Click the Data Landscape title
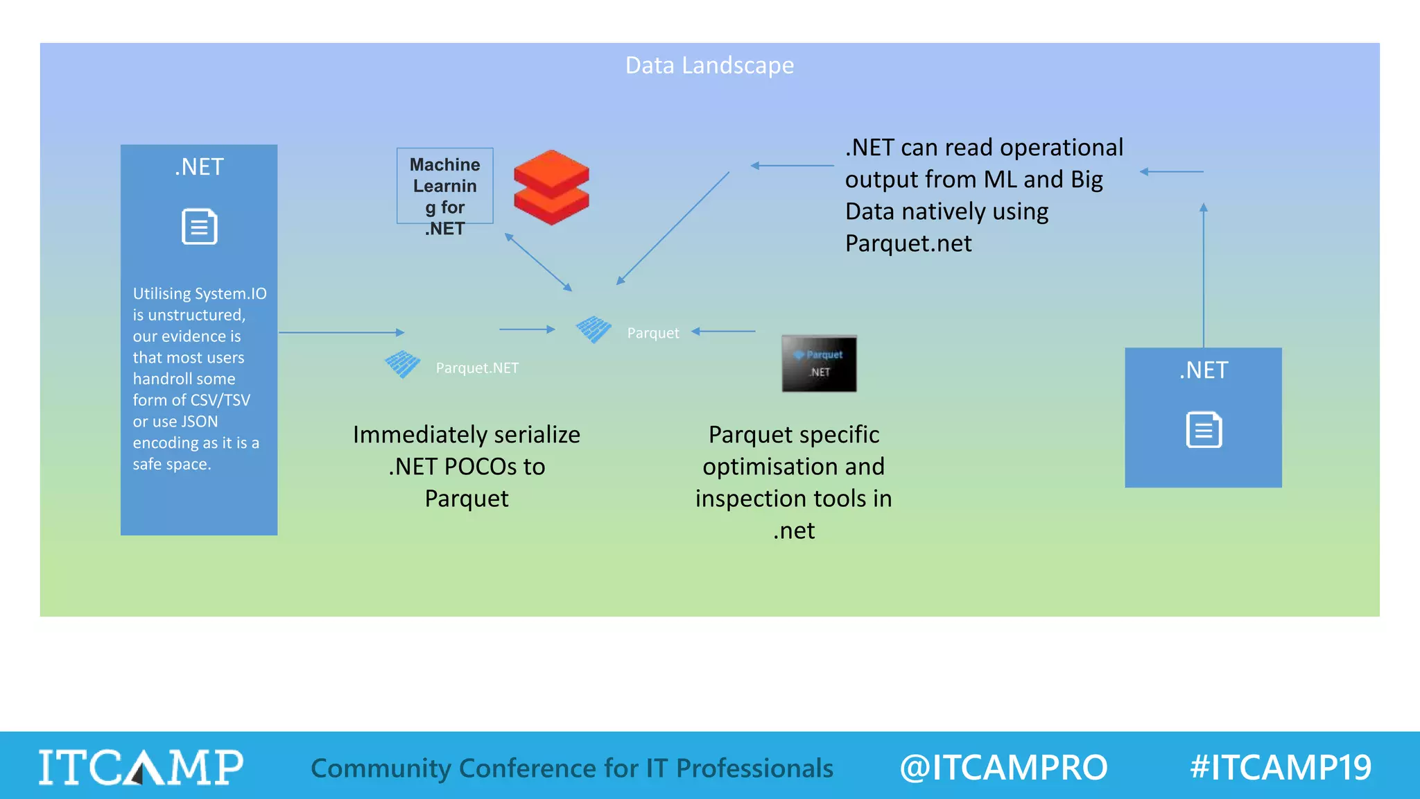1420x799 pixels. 709,65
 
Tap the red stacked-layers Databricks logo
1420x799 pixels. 551,187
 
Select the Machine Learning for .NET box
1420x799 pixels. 444,186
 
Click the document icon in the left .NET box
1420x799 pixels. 200,226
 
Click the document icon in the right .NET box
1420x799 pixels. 1204,430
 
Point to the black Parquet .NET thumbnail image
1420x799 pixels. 819,363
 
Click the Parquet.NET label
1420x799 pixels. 477,368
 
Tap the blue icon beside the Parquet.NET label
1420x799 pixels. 402,364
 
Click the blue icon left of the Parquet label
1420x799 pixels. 594,329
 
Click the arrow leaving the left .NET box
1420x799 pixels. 341,332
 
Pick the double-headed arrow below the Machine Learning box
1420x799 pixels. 538,261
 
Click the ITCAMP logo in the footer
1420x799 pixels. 141,767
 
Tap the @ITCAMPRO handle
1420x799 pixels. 1003,767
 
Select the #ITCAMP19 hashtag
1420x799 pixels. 1280,767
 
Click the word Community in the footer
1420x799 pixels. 381,768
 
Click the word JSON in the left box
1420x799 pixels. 200,422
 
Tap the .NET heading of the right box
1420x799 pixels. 1204,370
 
